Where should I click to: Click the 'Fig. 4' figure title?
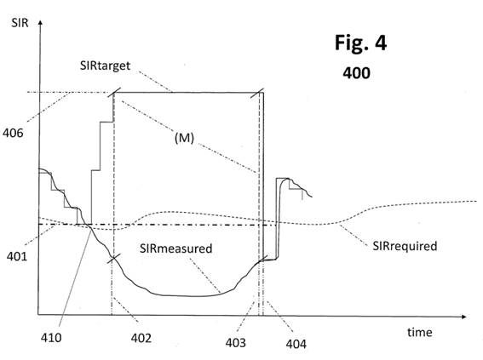click(x=360, y=43)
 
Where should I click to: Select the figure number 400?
click(x=356, y=73)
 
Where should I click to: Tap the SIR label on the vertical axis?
click(x=20, y=23)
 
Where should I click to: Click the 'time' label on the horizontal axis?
click(x=420, y=332)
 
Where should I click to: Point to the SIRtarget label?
click(x=105, y=66)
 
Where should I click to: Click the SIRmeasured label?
click(x=175, y=249)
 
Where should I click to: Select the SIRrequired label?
click(x=405, y=246)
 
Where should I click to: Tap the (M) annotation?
click(x=184, y=138)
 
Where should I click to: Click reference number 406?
click(x=13, y=133)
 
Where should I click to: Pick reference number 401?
click(x=17, y=256)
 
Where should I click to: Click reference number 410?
click(x=51, y=338)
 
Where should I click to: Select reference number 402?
click(x=141, y=338)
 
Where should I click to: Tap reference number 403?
click(x=236, y=343)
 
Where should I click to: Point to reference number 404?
click(x=296, y=344)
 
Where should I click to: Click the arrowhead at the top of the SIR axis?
click(x=40, y=22)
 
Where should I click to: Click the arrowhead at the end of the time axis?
click(x=463, y=317)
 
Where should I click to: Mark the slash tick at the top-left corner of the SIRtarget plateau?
click(x=114, y=92)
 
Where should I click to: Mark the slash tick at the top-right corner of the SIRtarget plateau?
click(x=257, y=94)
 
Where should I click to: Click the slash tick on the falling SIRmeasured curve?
click(x=114, y=258)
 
